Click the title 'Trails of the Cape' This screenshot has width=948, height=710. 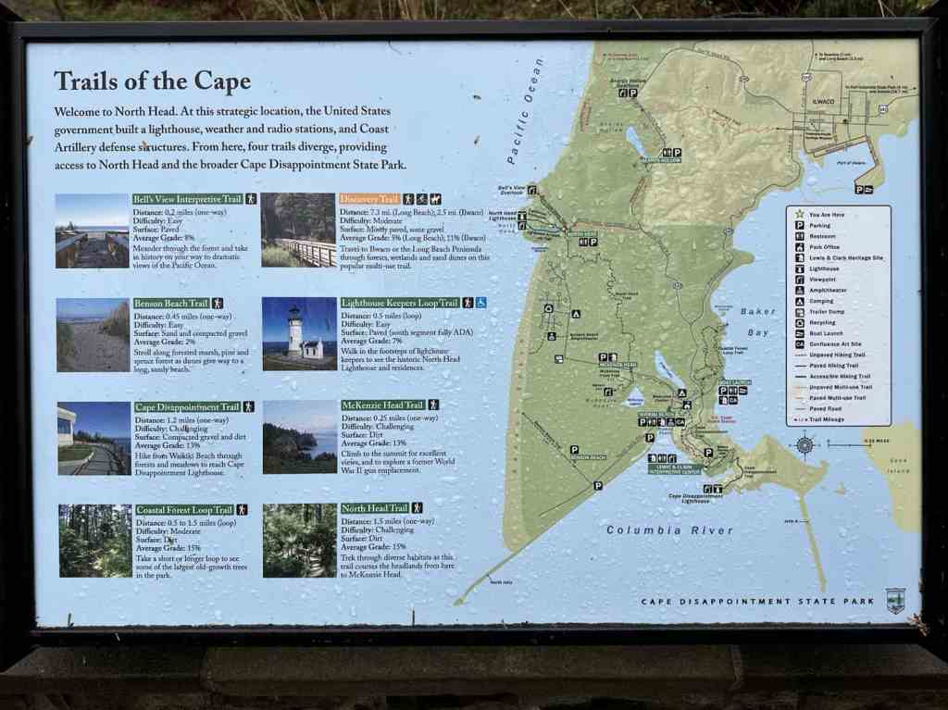point(152,81)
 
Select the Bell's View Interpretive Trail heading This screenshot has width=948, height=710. point(188,199)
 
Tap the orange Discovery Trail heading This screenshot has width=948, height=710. point(369,199)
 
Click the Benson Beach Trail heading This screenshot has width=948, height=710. point(171,303)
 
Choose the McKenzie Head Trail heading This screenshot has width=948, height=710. point(381,405)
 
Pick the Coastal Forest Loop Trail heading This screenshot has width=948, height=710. point(184,509)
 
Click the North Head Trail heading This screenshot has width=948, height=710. point(374,508)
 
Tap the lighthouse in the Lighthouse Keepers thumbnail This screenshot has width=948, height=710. point(294,331)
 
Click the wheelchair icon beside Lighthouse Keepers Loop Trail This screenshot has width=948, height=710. point(481,303)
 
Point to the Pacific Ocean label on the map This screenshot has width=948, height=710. point(524,112)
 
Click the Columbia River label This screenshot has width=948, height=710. point(669,530)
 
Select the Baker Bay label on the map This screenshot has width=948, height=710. point(758,321)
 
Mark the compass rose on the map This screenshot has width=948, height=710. point(805,445)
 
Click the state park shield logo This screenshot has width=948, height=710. point(894,599)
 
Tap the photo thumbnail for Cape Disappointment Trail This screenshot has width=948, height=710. point(94,438)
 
